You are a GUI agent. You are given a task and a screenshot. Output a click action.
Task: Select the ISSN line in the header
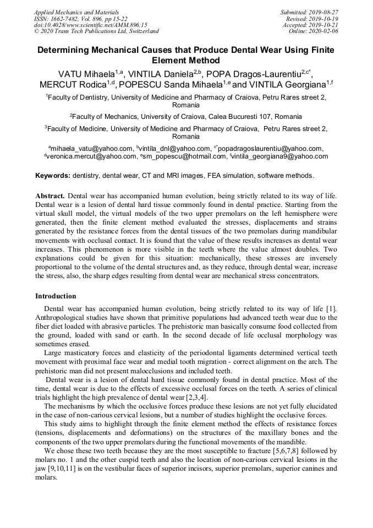79,18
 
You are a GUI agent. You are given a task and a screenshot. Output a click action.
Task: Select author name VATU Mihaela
86,74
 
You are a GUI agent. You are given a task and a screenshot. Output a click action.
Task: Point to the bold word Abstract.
50,195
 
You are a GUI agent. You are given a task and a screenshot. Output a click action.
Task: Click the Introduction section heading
56,296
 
